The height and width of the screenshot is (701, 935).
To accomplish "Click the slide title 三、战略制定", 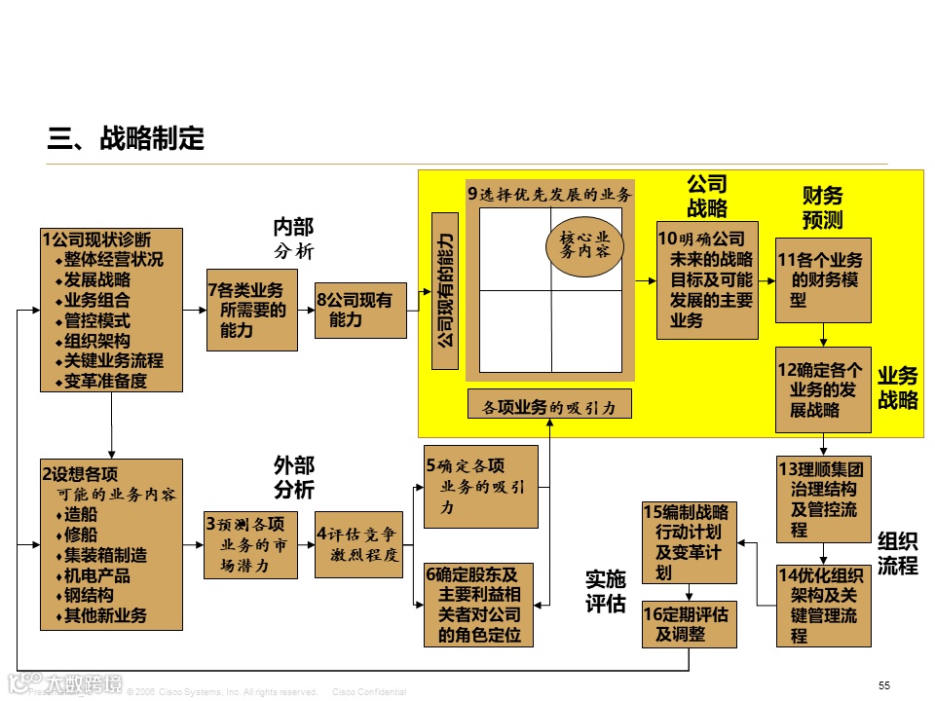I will click(x=127, y=139).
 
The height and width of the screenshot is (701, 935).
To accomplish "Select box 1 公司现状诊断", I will click(x=111, y=310).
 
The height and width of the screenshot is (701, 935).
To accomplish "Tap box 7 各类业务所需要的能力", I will click(x=251, y=310).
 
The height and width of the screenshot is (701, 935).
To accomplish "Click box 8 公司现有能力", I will click(x=360, y=310).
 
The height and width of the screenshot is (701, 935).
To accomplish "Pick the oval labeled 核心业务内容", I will click(x=584, y=243).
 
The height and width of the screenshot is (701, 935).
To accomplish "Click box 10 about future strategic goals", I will click(x=706, y=280).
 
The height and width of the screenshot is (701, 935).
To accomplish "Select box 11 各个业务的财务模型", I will click(x=823, y=280).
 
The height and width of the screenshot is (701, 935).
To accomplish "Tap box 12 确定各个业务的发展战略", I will click(x=823, y=389).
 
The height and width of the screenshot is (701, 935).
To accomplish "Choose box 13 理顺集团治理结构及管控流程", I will click(x=823, y=498).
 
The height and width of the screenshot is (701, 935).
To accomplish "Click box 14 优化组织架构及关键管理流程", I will click(x=823, y=606).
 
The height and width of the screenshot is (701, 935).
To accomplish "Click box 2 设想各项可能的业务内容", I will click(x=111, y=543).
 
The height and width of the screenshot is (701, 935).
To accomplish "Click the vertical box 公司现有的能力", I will click(x=444, y=289).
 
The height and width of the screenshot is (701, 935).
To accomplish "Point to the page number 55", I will click(x=884, y=685).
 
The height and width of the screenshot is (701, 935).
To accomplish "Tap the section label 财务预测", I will click(x=822, y=207).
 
